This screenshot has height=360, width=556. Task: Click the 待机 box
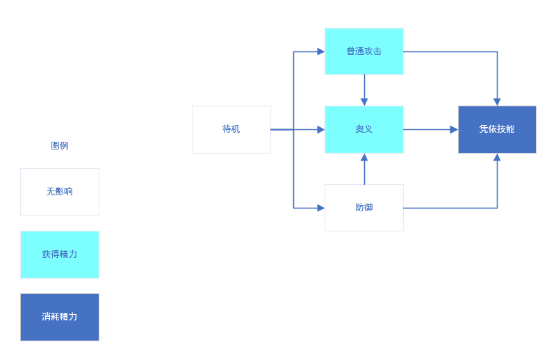pyautogui.click(x=231, y=129)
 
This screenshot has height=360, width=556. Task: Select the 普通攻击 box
pyautogui.click(x=363, y=51)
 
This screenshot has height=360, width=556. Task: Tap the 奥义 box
pyautogui.click(x=363, y=129)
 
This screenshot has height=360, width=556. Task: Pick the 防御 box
pyautogui.click(x=363, y=208)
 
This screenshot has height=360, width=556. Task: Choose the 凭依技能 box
pyautogui.click(x=497, y=129)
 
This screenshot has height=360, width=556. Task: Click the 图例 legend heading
pyautogui.click(x=60, y=146)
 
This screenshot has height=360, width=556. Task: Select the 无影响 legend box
pyautogui.click(x=60, y=192)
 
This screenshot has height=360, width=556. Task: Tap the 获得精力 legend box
pyautogui.click(x=60, y=254)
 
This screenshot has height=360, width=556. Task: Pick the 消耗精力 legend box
pyautogui.click(x=60, y=317)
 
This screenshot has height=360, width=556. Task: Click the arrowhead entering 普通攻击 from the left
pyautogui.click(x=320, y=51)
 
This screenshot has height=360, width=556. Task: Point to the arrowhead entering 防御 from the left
pyautogui.click(x=320, y=208)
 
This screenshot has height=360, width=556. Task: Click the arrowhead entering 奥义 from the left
pyautogui.click(x=320, y=129)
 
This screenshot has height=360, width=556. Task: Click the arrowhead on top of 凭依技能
pyautogui.click(x=497, y=101)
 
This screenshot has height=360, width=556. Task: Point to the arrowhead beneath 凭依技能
pyautogui.click(x=497, y=158)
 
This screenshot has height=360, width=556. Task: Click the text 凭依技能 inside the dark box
pyautogui.click(x=497, y=129)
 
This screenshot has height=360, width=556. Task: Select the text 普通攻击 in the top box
pyautogui.click(x=363, y=51)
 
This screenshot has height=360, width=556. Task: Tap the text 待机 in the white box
pyautogui.click(x=231, y=129)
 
